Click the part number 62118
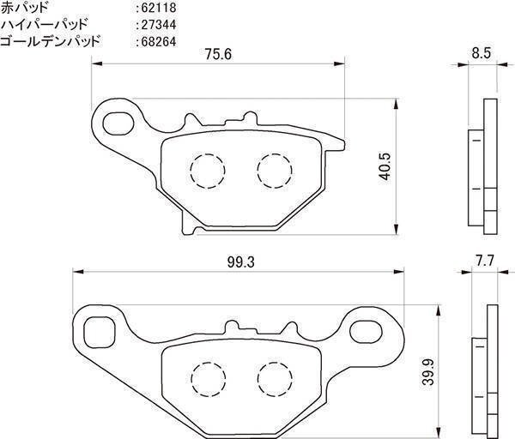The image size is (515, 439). (x=159, y=8)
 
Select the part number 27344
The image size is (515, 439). (x=159, y=25)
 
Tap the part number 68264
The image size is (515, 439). (x=159, y=42)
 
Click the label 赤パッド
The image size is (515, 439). (x=25, y=8)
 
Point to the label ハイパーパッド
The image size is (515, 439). (x=45, y=24)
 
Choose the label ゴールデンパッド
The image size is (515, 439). (x=50, y=41)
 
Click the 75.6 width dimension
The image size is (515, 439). (x=218, y=54)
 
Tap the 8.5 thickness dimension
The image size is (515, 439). (x=482, y=53)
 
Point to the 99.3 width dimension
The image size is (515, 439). (x=240, y=262)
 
